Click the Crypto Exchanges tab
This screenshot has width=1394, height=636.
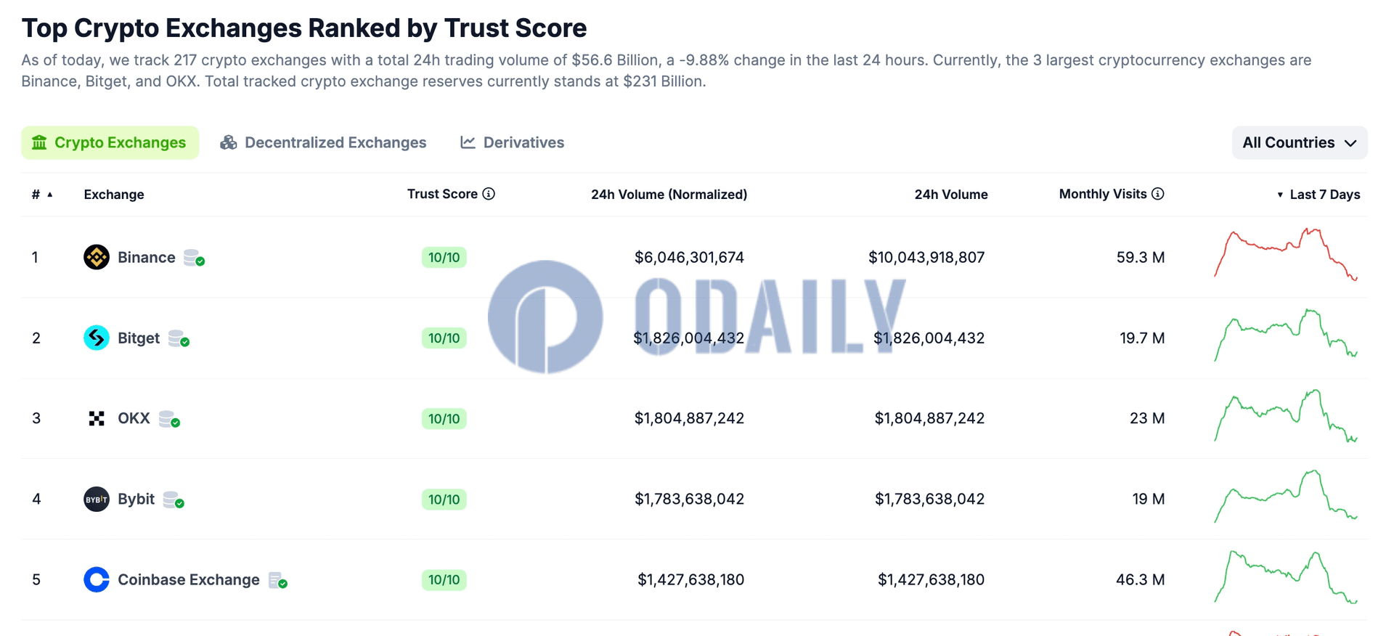point(110,142)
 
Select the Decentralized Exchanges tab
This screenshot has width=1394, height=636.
point(323,142)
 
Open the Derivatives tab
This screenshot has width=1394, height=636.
point(512,142)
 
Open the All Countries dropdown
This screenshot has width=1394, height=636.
point(1300,142)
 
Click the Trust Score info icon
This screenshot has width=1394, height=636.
point(489,194)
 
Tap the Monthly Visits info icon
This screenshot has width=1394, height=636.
point(1158,194)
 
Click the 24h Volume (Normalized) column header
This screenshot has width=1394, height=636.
point(669,195)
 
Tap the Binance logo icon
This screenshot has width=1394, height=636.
point(97,257)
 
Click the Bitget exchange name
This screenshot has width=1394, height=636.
point(139,338)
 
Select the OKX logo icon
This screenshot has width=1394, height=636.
point(97,418)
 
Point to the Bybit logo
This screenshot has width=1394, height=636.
point(97,499)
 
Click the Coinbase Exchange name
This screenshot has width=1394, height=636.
point(189,579)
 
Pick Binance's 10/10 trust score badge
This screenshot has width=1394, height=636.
point(444,258)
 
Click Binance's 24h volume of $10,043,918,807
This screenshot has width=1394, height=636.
point(926,258)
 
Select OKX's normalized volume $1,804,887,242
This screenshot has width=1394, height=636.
point(689,418)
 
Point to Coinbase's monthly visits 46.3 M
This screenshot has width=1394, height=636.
point(1140,579)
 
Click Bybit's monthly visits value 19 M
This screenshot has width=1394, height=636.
point(1148,499)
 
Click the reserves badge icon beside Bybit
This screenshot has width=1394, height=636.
point(174,500)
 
